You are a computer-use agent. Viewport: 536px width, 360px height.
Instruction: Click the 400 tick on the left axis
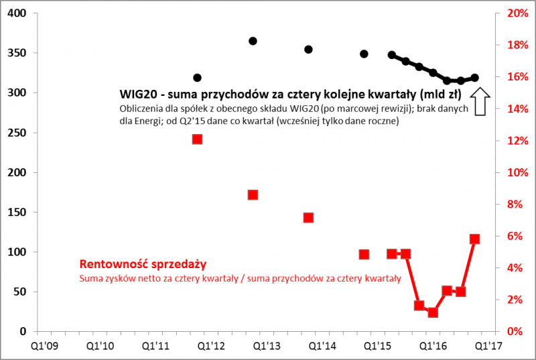pyautogui.click(x=16, y=13)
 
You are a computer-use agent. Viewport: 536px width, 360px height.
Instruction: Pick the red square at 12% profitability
pyautogui.click(x=197, y=139)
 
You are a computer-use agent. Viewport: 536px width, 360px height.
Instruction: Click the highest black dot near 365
pyautogui.click(x=253, y=41)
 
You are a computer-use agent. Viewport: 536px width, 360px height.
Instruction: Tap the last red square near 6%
pyautogui.click(x=475, y=239)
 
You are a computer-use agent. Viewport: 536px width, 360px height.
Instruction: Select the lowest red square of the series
pyautogui.click(x=433, y=312)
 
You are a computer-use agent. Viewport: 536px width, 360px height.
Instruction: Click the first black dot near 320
pyautogui.click(x=197, y=78)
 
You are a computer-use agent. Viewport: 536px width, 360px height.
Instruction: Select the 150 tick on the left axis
pyautogui.click(x=16, y=213)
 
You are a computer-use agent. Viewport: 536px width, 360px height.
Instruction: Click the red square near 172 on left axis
pyautogui.click(x=253, y=195)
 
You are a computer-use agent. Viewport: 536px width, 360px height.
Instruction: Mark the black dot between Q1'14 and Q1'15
pyautogui.click(x=364, y=54)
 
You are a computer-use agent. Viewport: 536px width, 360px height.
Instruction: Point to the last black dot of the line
pyautogui.click(x=475, y=78)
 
